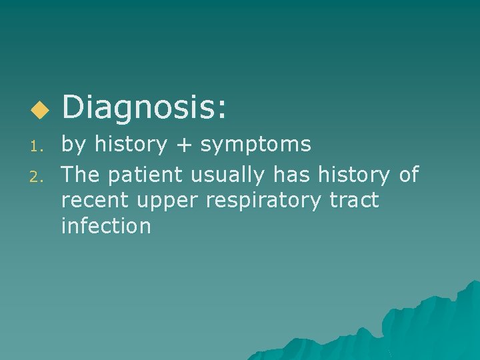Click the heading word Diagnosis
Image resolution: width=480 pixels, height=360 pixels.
[x=143, y=107]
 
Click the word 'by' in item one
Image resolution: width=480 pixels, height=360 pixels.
[x=75, y=145]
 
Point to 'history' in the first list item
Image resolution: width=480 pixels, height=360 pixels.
[x=130, y=144]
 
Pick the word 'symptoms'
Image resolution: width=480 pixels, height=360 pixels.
[x=256, y=145]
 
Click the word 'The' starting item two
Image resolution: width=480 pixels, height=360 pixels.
[x=81, y=175]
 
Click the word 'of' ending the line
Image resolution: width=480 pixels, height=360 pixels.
[x=407, y=175]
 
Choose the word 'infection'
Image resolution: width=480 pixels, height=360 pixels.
[x=106, y=226]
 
